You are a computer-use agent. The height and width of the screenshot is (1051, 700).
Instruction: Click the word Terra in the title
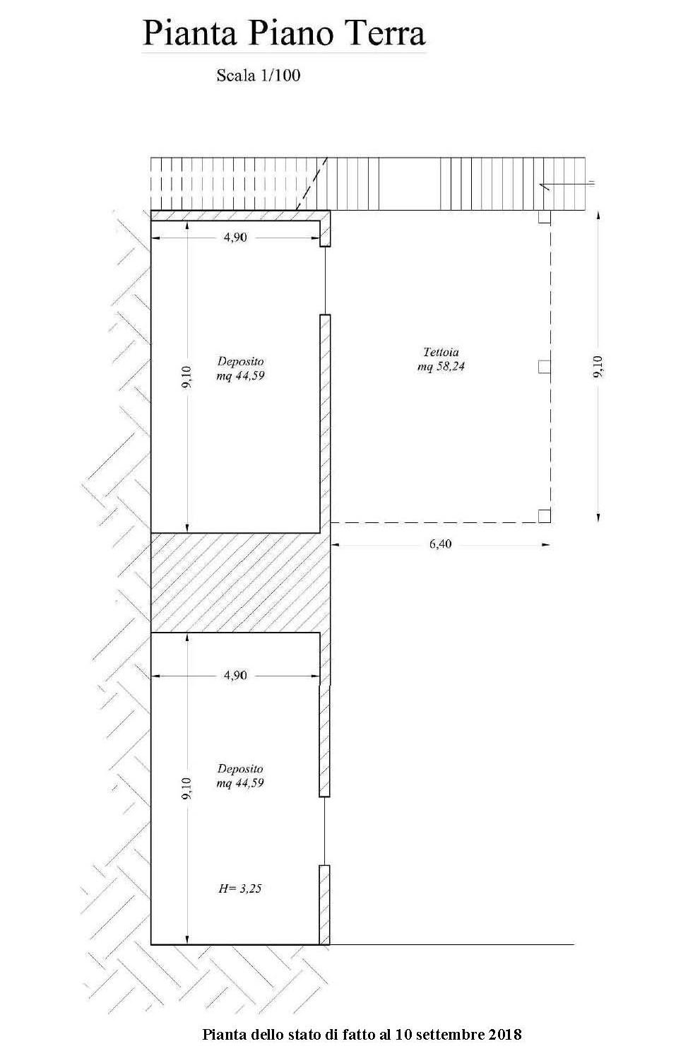coord(381,34)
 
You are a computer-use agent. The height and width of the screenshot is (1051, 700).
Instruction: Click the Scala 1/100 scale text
coord(259,75)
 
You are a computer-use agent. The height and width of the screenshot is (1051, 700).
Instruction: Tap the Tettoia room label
coord(441,351)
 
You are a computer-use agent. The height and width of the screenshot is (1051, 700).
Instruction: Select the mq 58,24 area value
coord(441,366)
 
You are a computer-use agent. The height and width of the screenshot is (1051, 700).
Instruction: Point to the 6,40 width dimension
coord(440,544)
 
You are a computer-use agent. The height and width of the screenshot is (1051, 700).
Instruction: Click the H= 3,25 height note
coord(239,888)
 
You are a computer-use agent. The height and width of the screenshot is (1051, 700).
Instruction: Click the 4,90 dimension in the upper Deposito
coord(235,237)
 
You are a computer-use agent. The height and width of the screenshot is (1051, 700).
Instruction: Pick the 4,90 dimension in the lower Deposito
coord(235,675)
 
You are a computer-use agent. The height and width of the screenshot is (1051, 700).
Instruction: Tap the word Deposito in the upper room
coord(241,360)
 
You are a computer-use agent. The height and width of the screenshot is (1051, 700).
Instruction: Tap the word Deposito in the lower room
coord(241,768)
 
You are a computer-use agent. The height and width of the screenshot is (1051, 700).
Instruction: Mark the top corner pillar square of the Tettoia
coord(544,216)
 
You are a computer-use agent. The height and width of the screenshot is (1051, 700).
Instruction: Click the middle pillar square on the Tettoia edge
coord(544,367)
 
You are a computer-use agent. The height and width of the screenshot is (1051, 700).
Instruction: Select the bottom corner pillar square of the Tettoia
coord(544,516)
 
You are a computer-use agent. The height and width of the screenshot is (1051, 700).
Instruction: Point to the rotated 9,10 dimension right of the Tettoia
coord(598,366)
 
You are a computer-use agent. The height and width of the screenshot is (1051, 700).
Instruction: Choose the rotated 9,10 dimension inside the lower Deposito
coord(187,788)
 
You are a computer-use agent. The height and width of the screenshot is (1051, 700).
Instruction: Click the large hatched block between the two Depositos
coord(240,582)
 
